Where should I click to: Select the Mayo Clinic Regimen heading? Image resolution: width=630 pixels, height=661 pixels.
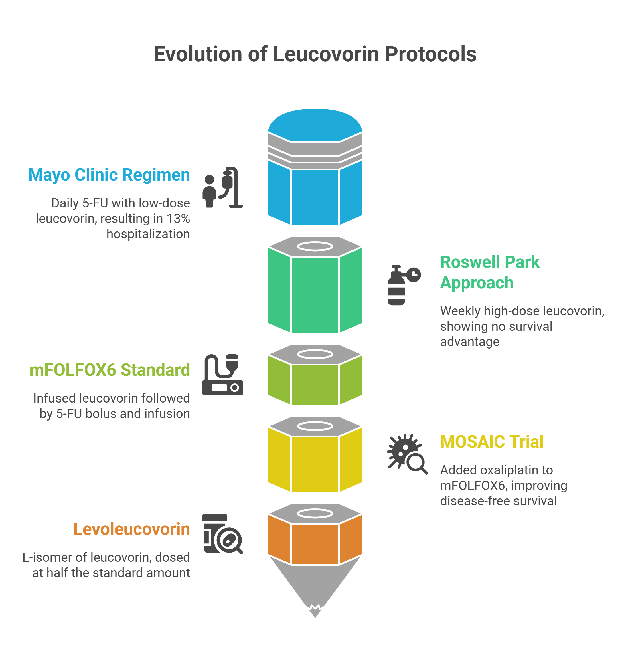coord(109,175)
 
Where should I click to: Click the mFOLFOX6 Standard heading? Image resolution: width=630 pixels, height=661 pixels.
coord(110,370)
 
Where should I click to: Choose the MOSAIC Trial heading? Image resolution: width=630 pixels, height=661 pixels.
coord(491,442)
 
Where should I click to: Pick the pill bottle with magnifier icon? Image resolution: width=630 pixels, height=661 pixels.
coord(222,534)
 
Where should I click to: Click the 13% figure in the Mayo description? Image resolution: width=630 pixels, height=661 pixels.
coord(178,219)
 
